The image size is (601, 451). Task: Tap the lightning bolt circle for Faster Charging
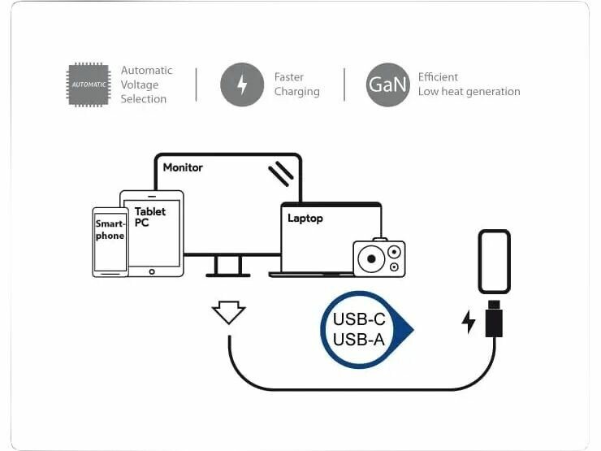[241, 85]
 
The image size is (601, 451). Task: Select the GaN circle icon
[387, 85]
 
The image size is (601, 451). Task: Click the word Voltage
[140, 85]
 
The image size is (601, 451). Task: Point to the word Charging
[296, 92]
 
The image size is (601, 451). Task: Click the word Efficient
[439, 77]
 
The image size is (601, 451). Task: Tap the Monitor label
[183, 167]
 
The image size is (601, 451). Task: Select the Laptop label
[305, 218]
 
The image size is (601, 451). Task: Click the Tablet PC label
[150, 217]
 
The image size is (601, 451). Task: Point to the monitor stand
[228, 266]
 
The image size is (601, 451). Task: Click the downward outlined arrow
[228, 312]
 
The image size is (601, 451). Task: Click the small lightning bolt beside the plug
[469, 321]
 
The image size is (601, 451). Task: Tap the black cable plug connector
[494, 319]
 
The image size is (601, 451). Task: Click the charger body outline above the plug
[494, 262]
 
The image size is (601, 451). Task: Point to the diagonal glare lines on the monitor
[280, 172]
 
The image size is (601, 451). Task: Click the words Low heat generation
[469, 92]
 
